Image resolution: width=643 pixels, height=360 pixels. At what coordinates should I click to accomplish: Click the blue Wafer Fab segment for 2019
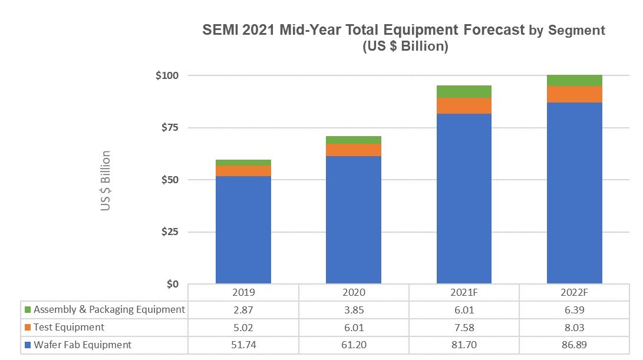pyautogui.click(x=243, y=230)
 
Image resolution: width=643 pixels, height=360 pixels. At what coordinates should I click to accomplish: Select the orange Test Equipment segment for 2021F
pyautogui.click(x=464, y=105)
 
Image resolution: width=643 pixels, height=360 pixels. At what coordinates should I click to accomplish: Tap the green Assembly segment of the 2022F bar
pyautogui.click(x=574, y=80)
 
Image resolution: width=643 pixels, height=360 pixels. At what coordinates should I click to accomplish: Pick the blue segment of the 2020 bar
pyautogui.click(x=354, y=220)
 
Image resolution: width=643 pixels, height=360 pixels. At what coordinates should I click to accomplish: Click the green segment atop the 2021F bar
pyautogui.click(x=464, y=91)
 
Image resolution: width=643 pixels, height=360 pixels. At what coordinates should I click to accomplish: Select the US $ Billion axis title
pyautogui.click(x=105, y=180)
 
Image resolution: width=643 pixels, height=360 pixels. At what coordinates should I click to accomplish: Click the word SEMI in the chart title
pyautogui.click(x=222, y=30)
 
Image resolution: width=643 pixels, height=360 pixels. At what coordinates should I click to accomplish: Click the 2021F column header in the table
pyautogui.click(x=464, y=292)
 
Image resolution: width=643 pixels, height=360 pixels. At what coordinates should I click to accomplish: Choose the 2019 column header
pyautogui.click(x=243, y=292)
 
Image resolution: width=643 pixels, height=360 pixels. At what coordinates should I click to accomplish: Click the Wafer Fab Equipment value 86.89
pyautogui.click(x=574, y=345)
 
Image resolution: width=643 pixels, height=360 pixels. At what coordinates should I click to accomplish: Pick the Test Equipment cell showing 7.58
pyautogui.click(x=464, y=327)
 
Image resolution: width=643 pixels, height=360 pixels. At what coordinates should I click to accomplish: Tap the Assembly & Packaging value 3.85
pyautogui.click(x=354, y=309)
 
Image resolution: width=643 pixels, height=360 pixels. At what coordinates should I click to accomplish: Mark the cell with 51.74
pyautogui.click(x=243, y=345)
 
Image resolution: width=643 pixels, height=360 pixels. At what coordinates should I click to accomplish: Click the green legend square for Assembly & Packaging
pyautogui.click(x=27, y=310)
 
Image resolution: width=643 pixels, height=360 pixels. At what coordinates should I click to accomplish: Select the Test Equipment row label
pyautogui.click(x=69, y=327)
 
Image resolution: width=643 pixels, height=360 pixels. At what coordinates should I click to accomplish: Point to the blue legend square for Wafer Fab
pyautogui.click(x=27, y=345)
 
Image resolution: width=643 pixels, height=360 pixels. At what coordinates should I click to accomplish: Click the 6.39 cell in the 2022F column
pyautogui.click(x=574, y=309)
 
